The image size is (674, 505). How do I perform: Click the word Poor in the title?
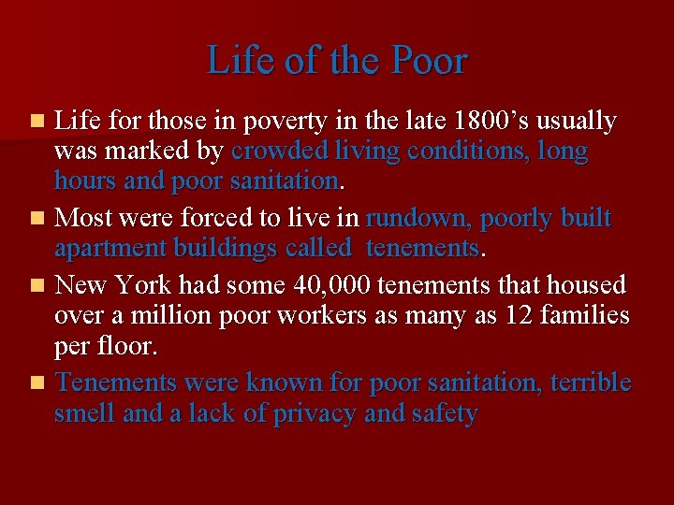click(x=429, y=62)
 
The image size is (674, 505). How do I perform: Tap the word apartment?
click(x=109, y=248)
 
